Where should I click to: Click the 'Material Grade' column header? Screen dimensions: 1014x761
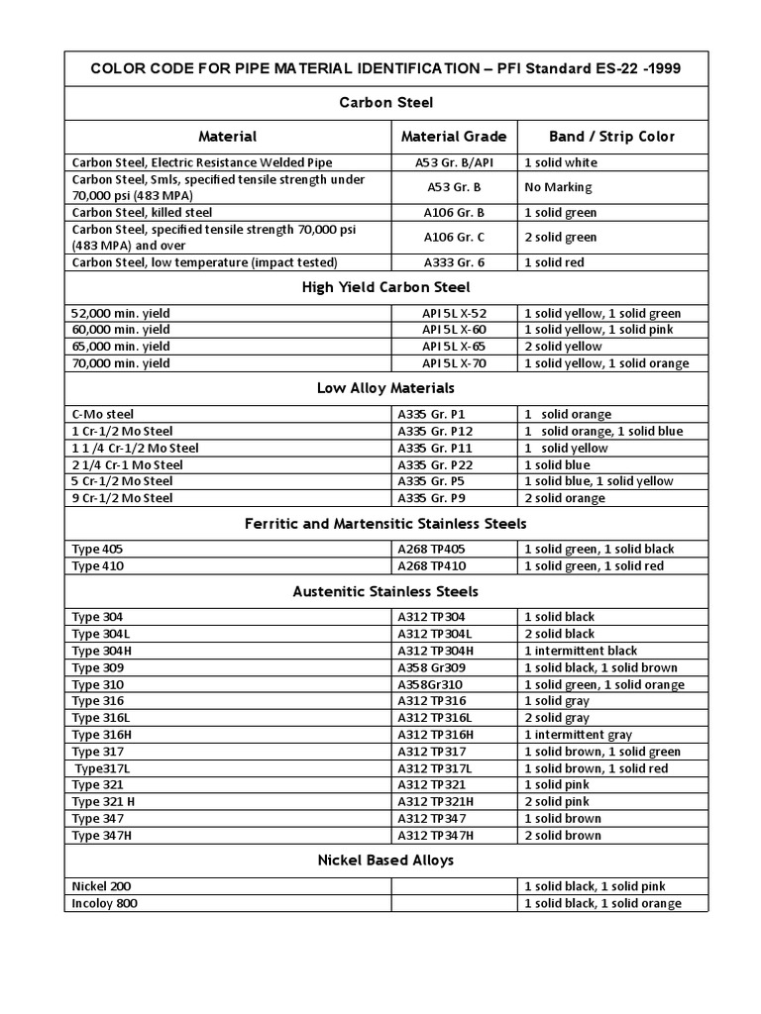453,137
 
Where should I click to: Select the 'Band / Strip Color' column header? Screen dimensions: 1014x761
611,137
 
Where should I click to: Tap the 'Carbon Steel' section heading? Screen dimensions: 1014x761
385,103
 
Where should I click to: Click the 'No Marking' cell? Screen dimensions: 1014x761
558,187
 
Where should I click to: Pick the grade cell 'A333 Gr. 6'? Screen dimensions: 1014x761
453,262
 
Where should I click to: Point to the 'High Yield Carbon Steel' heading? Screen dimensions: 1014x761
385,288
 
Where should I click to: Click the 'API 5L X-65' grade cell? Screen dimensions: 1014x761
453,347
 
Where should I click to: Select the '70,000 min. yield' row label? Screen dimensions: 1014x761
121,363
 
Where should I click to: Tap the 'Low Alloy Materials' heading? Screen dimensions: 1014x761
385,388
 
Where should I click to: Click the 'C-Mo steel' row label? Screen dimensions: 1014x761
103,414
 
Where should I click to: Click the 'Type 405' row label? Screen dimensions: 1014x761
98,549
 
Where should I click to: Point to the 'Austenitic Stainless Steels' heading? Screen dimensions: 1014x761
385,591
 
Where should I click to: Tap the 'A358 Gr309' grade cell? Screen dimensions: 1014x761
430,667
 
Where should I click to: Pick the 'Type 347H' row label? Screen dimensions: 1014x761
102,835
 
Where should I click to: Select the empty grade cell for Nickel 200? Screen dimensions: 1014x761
453,886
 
